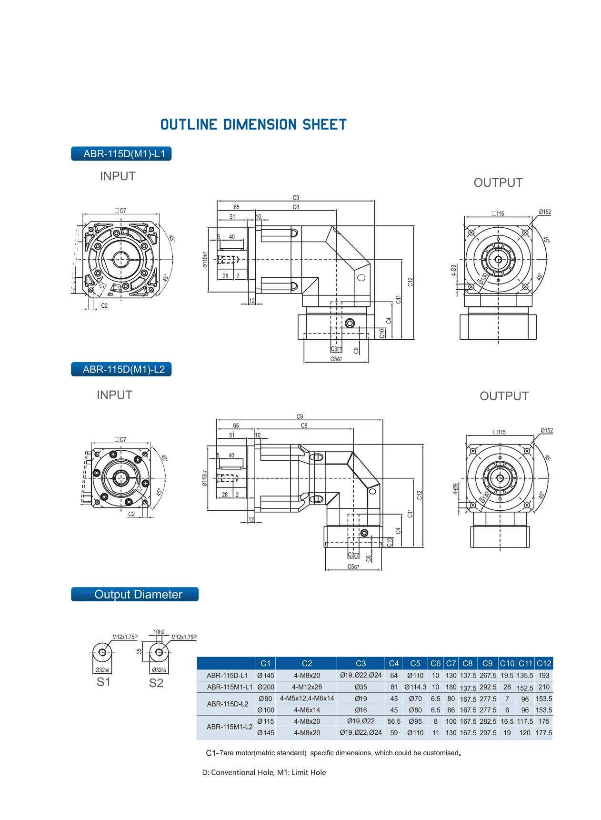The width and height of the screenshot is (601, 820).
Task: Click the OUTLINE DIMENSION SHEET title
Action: pyautogui.click(x=253, y=125)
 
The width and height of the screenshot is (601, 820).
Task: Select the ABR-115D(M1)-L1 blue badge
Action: pyautogui.click(x=121, y=153)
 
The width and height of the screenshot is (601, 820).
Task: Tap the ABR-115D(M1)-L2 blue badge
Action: pyautogui.click(x=121, y=369)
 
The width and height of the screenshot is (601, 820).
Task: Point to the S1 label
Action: pyautogui.click(x=103, y=682)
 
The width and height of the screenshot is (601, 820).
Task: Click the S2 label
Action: pyautogui.click(x=156, y=683)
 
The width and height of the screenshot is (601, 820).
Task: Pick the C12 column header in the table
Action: pyautogui.click(x=543, y=663)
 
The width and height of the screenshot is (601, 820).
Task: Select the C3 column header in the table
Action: pyautogui.click(x=361, y=663)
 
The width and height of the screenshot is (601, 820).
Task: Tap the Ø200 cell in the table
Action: pyautogui.click(x=265, y=687)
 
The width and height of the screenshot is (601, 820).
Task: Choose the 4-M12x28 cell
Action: pyautogui.click(x=307, y=687)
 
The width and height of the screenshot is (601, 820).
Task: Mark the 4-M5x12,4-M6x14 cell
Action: pyautogui.click(x=307, y=698)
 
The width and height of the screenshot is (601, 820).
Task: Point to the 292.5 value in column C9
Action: pyautogui.click(x=487, y=687)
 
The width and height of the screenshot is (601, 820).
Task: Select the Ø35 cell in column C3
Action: pyautogui.click(x=361, y=687)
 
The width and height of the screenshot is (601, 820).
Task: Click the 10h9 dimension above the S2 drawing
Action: pyautogui.click(x=159, y=632)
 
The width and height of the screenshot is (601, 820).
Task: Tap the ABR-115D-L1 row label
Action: pyautogui.click(x=227, y=675)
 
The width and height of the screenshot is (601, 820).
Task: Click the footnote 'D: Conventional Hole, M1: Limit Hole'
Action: pyautogui.click(x=264, y=772)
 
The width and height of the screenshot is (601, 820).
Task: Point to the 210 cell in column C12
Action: pyautogui.click(x=543, y=687)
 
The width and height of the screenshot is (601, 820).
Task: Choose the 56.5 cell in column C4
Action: pyautogui.click(x=394, y=721)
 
